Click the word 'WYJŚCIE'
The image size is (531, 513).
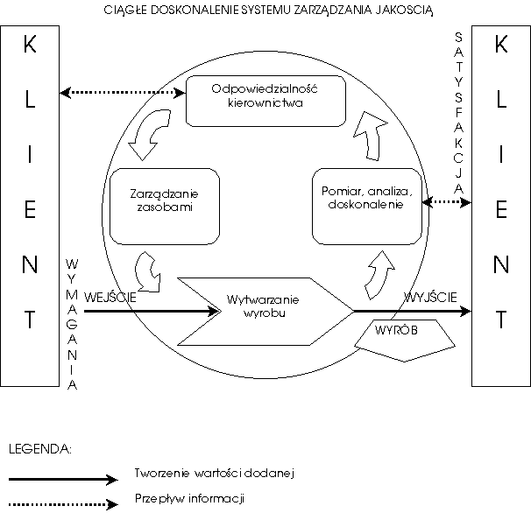point(430,297)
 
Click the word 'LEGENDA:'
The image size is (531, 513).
point(39,449)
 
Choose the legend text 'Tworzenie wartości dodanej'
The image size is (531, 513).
point(214,473)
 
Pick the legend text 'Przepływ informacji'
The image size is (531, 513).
point(188,498)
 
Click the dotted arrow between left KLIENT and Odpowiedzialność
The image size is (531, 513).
point(123,90)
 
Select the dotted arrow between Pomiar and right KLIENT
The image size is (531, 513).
point(446,202)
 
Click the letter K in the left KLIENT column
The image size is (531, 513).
point(30,46)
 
